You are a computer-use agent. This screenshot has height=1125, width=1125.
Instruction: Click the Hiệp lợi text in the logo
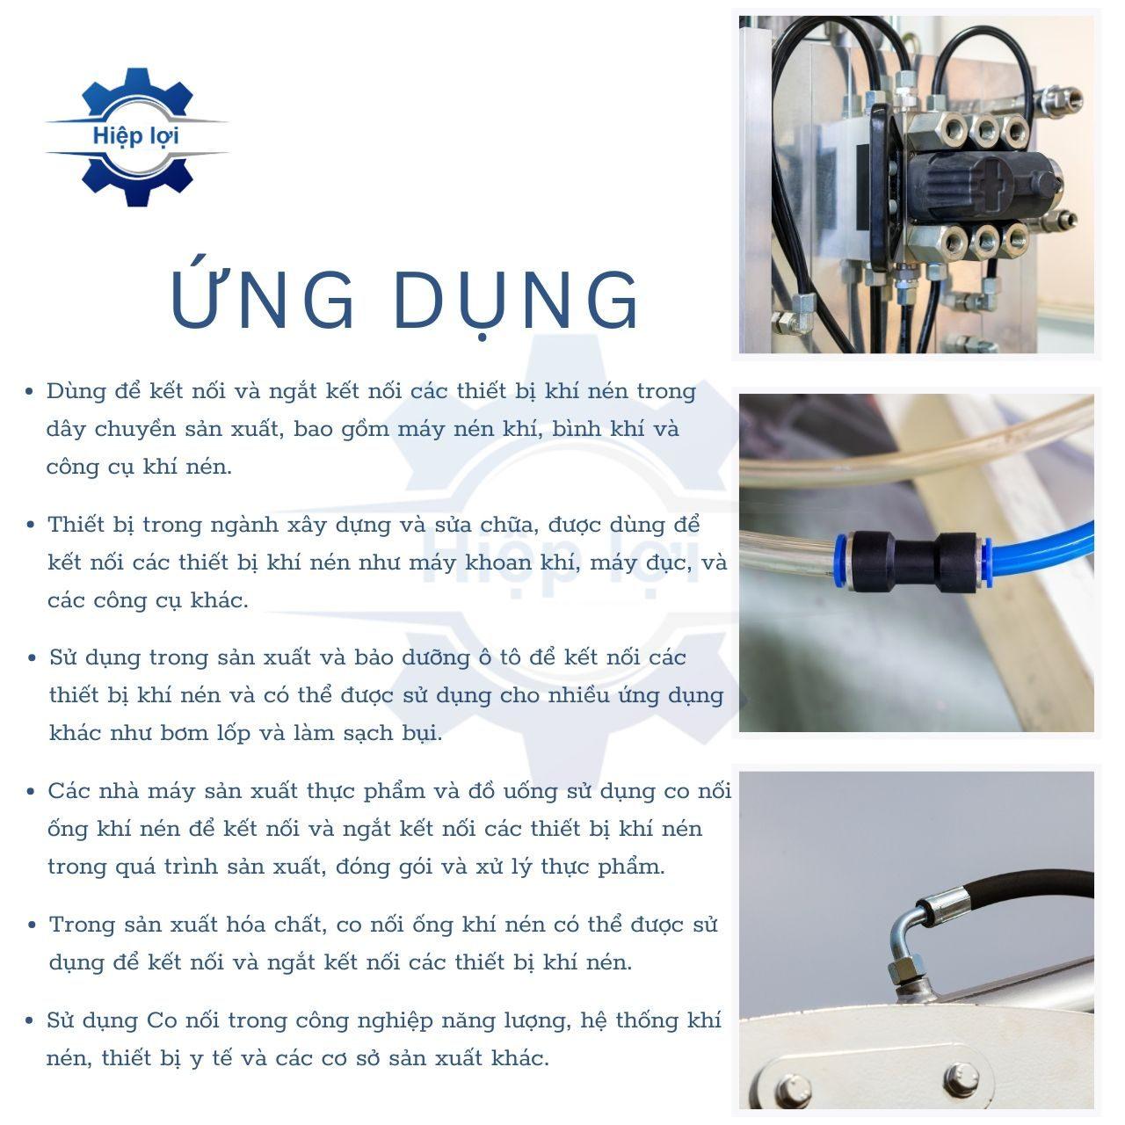tap(135, 136)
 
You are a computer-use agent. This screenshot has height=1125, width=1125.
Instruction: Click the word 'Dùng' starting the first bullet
tap(76, 392)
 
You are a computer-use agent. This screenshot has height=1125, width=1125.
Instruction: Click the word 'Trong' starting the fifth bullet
tap(83, 925)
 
